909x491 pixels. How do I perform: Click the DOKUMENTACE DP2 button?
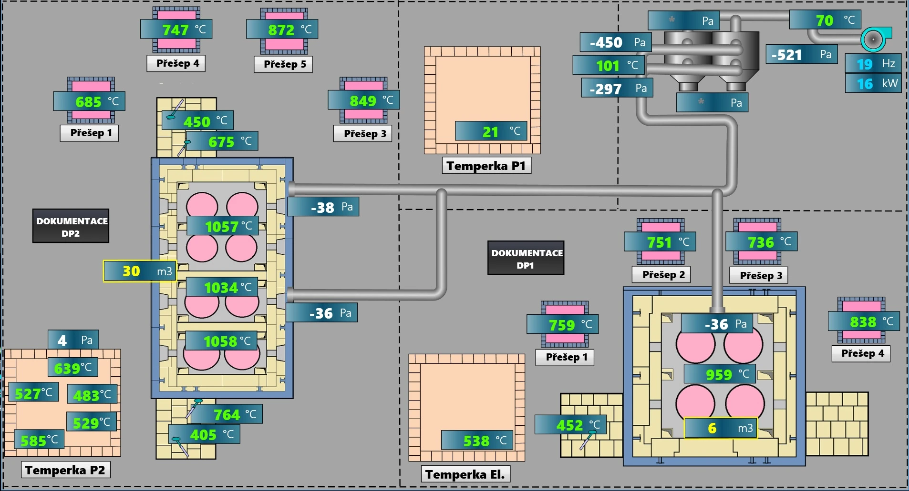point(71,226)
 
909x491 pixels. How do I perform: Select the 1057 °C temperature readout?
point(222,226)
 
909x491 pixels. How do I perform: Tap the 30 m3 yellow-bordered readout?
point(140,271)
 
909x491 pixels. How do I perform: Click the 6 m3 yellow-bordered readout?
point(720,428)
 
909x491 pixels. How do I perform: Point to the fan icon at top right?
point(876,39)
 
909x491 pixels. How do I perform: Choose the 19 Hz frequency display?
point(873,64)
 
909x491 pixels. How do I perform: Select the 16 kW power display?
point(873,84)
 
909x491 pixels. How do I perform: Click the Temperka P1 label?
point(486,166)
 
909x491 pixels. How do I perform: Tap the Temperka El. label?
point(465,474)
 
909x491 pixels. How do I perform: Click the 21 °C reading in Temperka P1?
point(491,131)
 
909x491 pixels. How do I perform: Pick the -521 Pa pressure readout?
point(801,55)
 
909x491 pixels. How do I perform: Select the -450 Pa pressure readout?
point(615,42)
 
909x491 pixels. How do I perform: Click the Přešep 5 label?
point(285,64)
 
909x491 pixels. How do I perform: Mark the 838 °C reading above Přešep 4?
point(864,322)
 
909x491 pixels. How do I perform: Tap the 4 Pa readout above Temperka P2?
point(73,340)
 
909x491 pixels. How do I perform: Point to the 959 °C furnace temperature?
point(720,374)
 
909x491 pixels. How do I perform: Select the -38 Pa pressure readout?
point(323,207)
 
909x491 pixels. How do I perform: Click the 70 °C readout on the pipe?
point(825,20)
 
